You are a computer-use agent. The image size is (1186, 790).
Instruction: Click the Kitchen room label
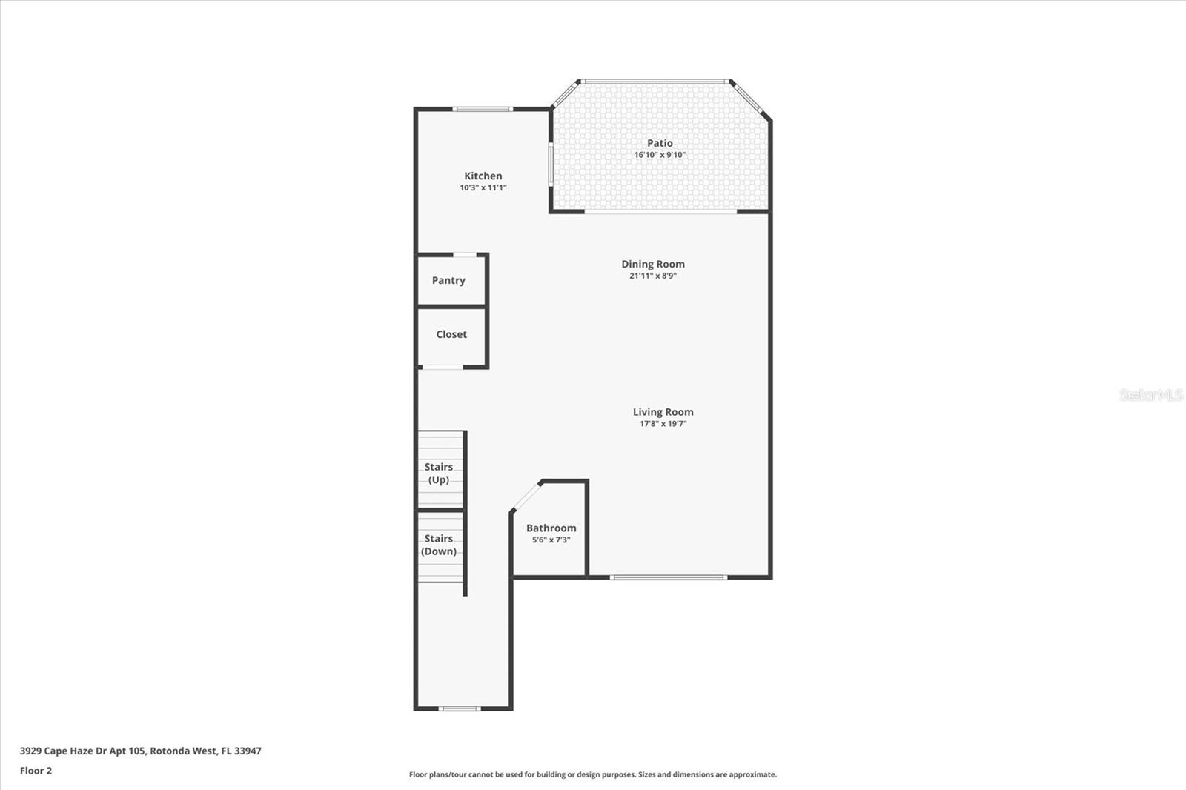click(483, 176)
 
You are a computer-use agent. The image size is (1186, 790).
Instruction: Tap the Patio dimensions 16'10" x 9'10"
click(660, 155)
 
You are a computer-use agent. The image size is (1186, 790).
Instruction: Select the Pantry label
click(448, 280)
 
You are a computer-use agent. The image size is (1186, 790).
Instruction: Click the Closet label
click(451, 334)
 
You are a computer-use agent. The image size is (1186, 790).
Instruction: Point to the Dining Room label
click(652, 264)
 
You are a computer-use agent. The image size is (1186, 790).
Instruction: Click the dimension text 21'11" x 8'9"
click(652, 276)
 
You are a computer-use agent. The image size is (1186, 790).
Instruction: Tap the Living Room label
click(663, 412)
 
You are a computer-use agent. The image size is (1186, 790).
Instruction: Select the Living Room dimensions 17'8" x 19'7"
click(663, 424)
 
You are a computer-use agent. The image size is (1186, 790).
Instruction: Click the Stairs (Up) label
click(439, 473)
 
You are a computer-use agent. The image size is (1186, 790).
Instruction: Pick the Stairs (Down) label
click(439, 545)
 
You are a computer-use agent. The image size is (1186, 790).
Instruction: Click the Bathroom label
click(551, 528)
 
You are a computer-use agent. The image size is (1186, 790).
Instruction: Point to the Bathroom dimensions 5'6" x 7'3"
click(551, 540)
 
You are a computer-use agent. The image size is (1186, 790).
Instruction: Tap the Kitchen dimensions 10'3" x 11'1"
click(483, 187)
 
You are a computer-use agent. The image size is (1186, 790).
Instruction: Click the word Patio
click(660, 143)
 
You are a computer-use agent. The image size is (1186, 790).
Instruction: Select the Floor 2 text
click(36, 771)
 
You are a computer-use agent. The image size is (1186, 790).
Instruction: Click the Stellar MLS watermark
click(1150, 395)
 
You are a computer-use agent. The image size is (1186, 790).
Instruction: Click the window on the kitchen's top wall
click(483, 109)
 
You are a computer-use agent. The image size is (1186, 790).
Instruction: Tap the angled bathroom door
click(527, 495)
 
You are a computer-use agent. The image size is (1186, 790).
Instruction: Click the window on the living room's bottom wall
click(668, 577)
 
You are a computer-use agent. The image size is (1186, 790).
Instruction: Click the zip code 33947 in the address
click(248, 751)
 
